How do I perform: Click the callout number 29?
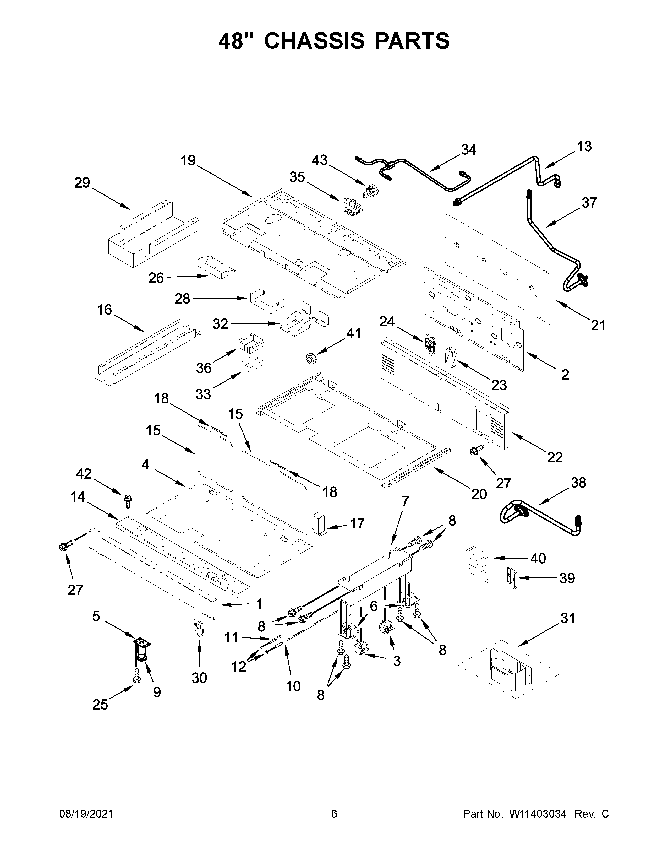[82, 183]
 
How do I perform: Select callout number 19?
[188, 161]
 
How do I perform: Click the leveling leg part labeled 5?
[140, 651]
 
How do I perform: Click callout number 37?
[589, 203]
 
